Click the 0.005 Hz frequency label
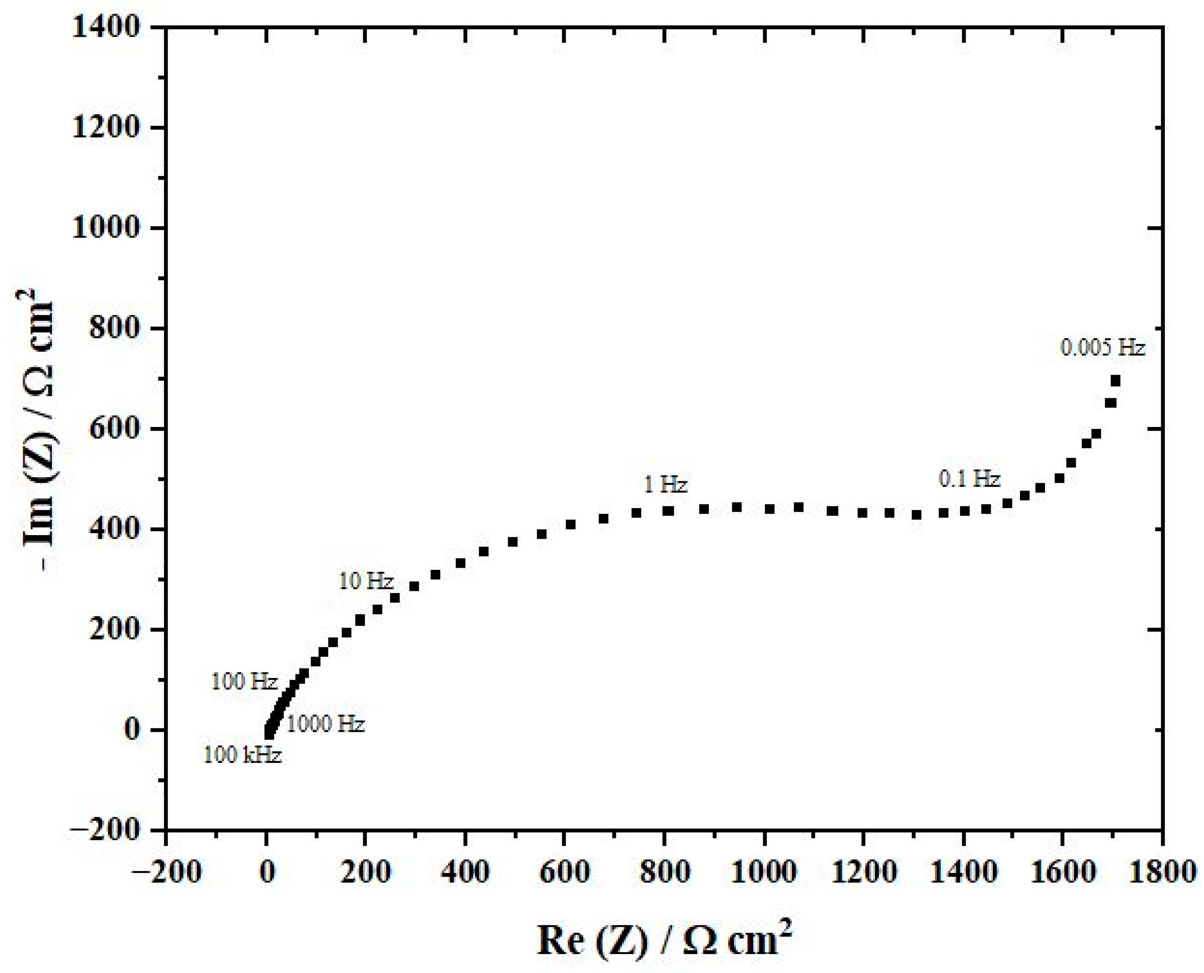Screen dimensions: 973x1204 point(1102,348)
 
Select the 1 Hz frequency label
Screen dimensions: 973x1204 point(665,484)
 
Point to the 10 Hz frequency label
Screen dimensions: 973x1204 point(366,581)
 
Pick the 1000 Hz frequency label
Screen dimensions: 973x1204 point(326,724)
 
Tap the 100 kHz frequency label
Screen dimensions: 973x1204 point(242,755)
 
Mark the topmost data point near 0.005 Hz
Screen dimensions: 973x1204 point(1115,381)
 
